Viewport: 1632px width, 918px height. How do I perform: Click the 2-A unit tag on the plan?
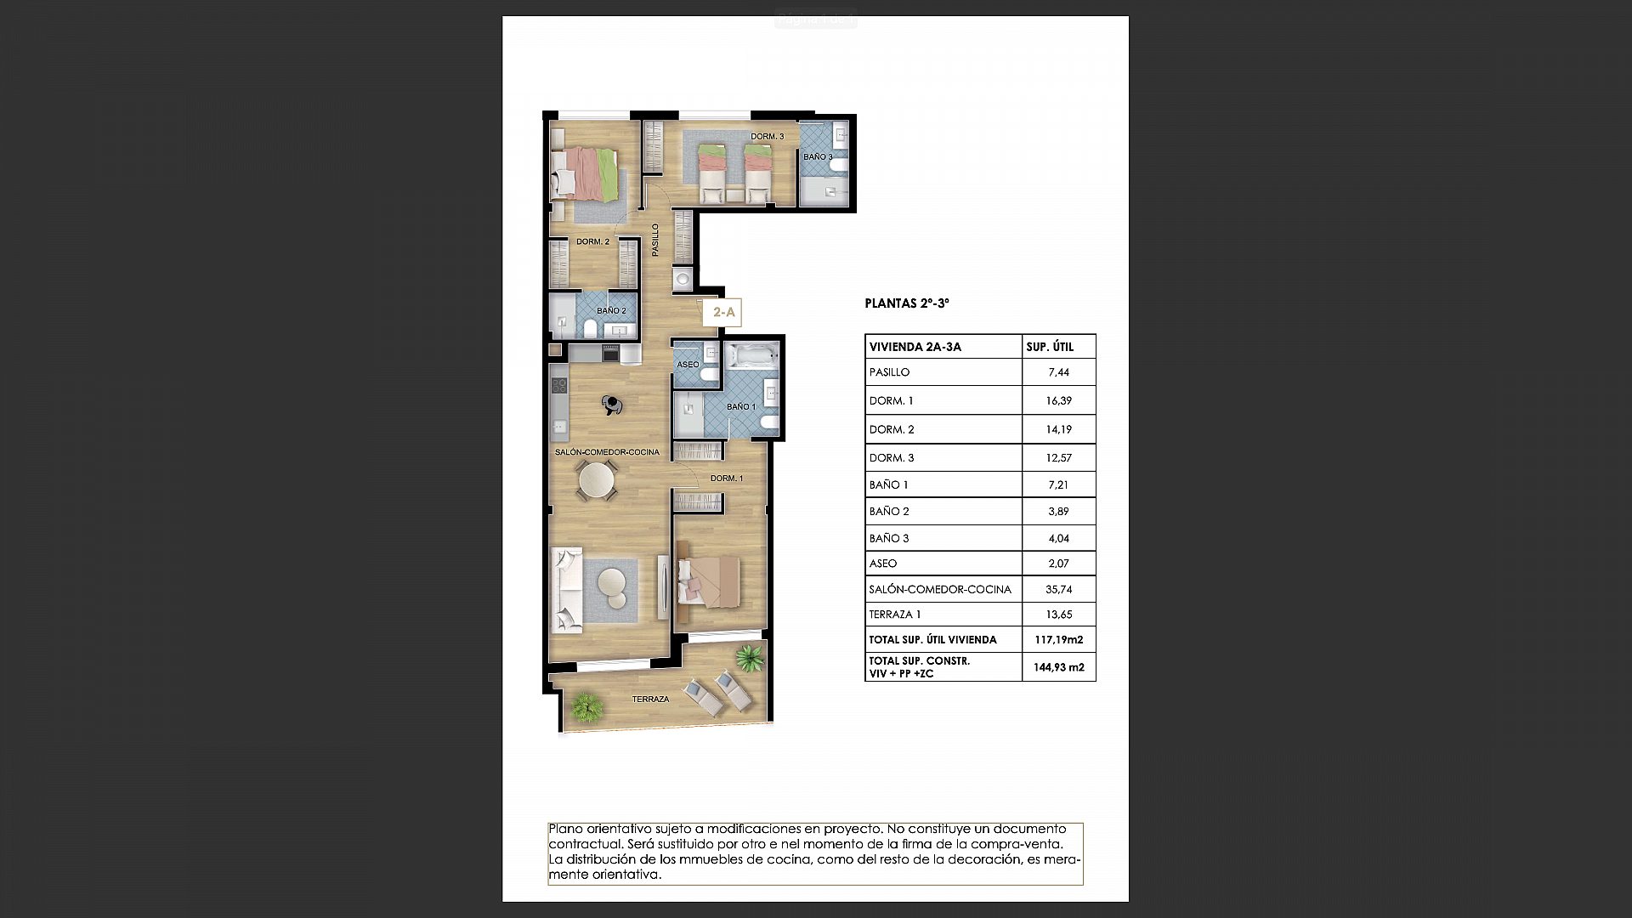point(723,313)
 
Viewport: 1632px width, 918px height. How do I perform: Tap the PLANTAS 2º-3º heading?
point(906,303)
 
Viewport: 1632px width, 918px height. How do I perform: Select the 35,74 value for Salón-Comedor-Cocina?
point(1058,589)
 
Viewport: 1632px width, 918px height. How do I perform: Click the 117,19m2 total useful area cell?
point(1058,640)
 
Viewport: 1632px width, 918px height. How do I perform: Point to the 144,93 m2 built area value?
point(1058,667)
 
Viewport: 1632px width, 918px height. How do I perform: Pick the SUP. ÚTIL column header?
point(1050,347)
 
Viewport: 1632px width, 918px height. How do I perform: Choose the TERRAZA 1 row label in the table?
point(894,615)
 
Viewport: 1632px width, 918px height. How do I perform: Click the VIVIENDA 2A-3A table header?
point(915,347)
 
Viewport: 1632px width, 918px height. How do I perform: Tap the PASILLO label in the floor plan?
point(655,240)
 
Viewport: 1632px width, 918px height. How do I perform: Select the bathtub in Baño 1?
point(751,355)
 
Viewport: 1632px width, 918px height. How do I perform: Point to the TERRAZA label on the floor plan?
point(650,700)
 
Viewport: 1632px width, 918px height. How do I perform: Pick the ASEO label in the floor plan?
point(688,365)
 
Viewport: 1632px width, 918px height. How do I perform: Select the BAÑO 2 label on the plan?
point(610,311)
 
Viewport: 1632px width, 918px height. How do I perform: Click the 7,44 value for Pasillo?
point(1058,372)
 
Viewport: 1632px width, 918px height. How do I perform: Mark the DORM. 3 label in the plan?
point(767,137)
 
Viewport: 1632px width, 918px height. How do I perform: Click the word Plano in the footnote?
point(566,829)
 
